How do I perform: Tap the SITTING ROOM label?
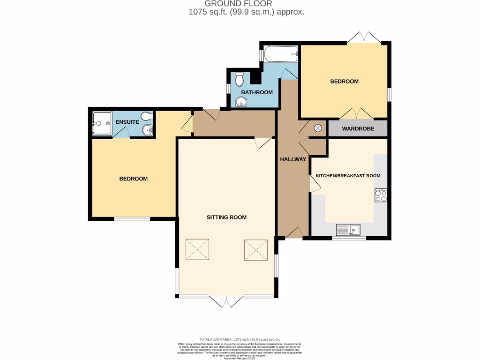click(226, 217)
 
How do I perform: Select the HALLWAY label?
click(293, 159)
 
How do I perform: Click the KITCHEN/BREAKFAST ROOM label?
click(348, 176)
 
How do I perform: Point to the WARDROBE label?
click(358, 128)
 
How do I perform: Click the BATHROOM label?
click(257, 92)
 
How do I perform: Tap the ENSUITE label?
click(127, 122)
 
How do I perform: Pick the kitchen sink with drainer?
click(348, 230)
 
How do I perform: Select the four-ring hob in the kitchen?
click(381, 195)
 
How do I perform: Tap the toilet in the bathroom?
click(239, 78)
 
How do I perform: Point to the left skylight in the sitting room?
click(197, 249)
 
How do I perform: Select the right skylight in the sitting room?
click(255, 249)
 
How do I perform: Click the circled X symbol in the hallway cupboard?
click(318, 128)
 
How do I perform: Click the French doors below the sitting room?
click(226, 301)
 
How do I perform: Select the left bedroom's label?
click(133, 179)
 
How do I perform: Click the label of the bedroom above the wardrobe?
click(344, 81)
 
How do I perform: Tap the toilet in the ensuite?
click(147, 117)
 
